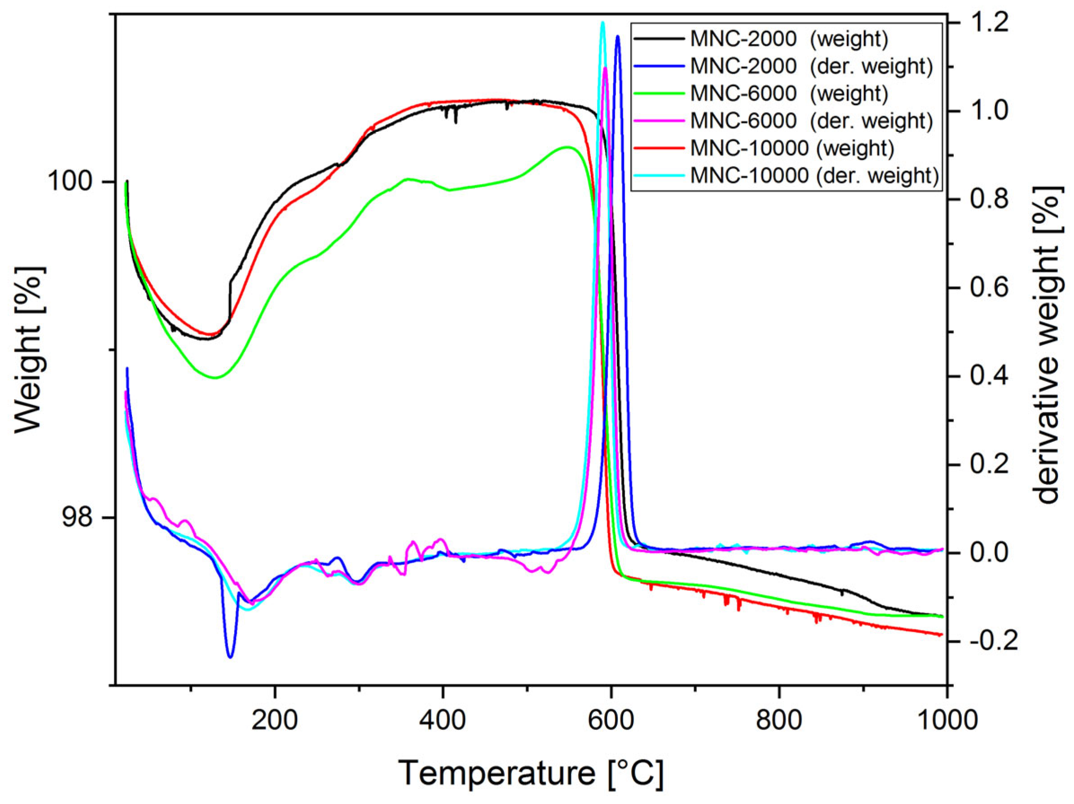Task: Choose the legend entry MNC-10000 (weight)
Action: click(x=791, y=148)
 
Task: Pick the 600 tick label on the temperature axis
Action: click(x=611, y=720)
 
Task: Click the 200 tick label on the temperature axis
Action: click(x=275, y=720)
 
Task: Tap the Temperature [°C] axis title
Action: click(x=531, y=773)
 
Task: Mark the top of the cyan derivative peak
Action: click(x=602, y=22)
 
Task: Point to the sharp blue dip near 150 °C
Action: click(x=230, y=656)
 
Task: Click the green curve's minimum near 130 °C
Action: click(x=215, y=377)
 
